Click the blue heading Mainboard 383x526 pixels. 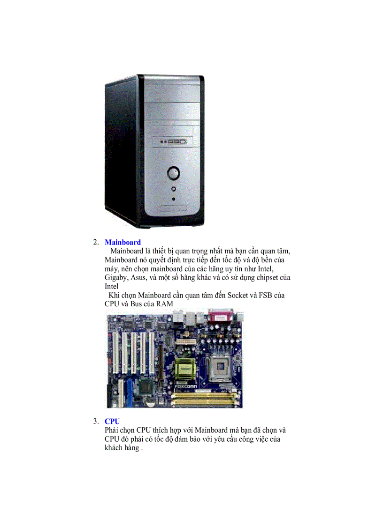[123, 242]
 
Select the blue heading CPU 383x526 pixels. [112, 422]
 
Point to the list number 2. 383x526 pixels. [96, 242]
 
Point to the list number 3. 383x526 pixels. [96, 422]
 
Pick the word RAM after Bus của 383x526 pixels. [165, 304]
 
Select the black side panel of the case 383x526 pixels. [120, 150]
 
